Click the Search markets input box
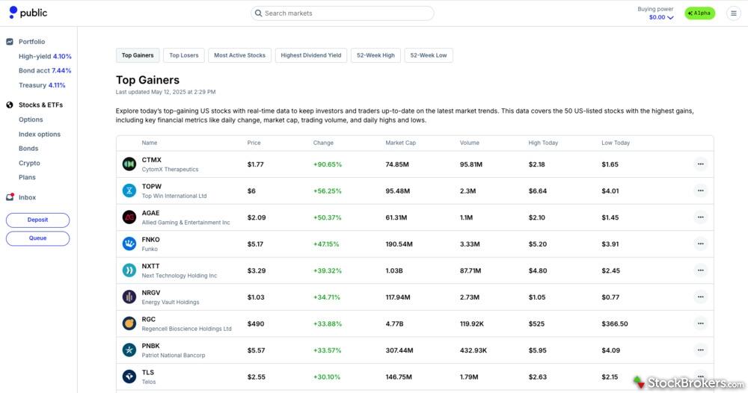click(343, 13)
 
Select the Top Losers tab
click(184, 55)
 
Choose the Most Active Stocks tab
click(239, 55)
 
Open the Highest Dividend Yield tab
click(311, 55)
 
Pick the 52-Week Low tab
click(429, 55)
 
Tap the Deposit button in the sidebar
click(37, 220)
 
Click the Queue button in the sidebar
click(37, 238)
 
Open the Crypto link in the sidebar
click(29, 163)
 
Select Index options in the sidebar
click(40, 134)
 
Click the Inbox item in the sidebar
click(27, 197)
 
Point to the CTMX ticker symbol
click(152, 160)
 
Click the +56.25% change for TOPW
click(327, 191)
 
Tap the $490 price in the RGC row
click(256, 324)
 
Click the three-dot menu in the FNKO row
click(700, 244)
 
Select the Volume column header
click(470, 143)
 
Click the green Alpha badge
click(700, 13)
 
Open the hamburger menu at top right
click(733, 13)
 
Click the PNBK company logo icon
click(129, 350)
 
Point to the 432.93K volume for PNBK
click(473, 350)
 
